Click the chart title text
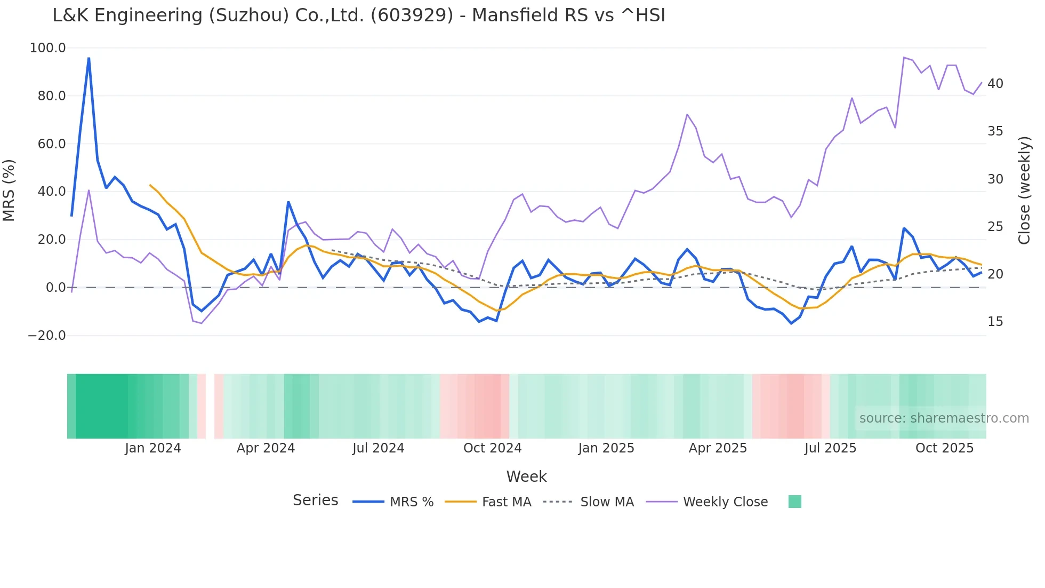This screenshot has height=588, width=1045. coord(358,15)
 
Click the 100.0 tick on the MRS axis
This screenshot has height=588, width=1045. coord(47,48)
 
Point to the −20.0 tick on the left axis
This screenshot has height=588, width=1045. coord(46,336)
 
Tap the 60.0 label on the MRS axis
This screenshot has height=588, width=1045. coord(51,144)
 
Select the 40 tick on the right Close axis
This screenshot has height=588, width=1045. coord(995,84)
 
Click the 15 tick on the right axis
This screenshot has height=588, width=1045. coord(995,322)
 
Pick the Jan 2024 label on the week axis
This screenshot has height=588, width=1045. coord(153,448)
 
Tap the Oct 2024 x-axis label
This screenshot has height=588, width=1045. coord(492,448)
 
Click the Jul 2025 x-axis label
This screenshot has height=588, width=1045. coord(830,448)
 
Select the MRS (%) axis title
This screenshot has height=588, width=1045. coord(9,190)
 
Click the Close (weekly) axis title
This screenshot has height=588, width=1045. coord(1024,190)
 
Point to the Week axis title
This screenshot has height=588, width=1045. coord(526,476)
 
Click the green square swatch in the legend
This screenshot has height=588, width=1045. coord(794,502)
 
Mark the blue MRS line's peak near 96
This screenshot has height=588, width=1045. coord(89,58)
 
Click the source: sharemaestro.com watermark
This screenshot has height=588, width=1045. coord(944,418)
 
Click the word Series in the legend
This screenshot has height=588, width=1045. coord(315,500)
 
